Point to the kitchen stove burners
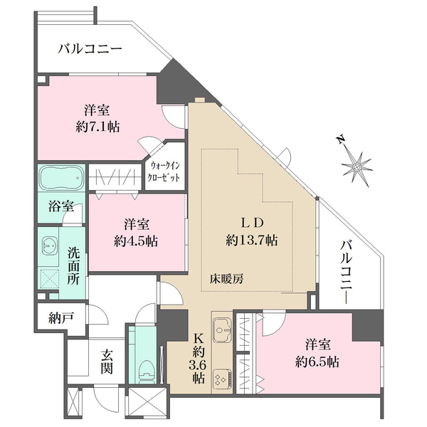(x=222, y=378)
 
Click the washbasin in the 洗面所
(x=51, y=246)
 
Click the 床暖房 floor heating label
(x=227, y=279)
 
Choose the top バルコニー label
(x=90, y=49)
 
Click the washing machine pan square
(x=51, y=280)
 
